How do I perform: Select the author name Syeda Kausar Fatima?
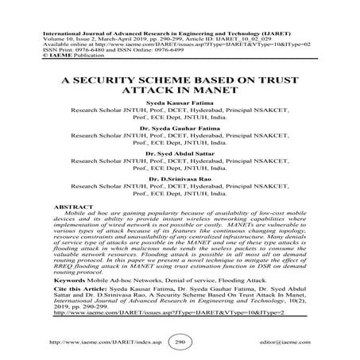[x=179, y=105]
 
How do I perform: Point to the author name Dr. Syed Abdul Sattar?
[x=179, y=167]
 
